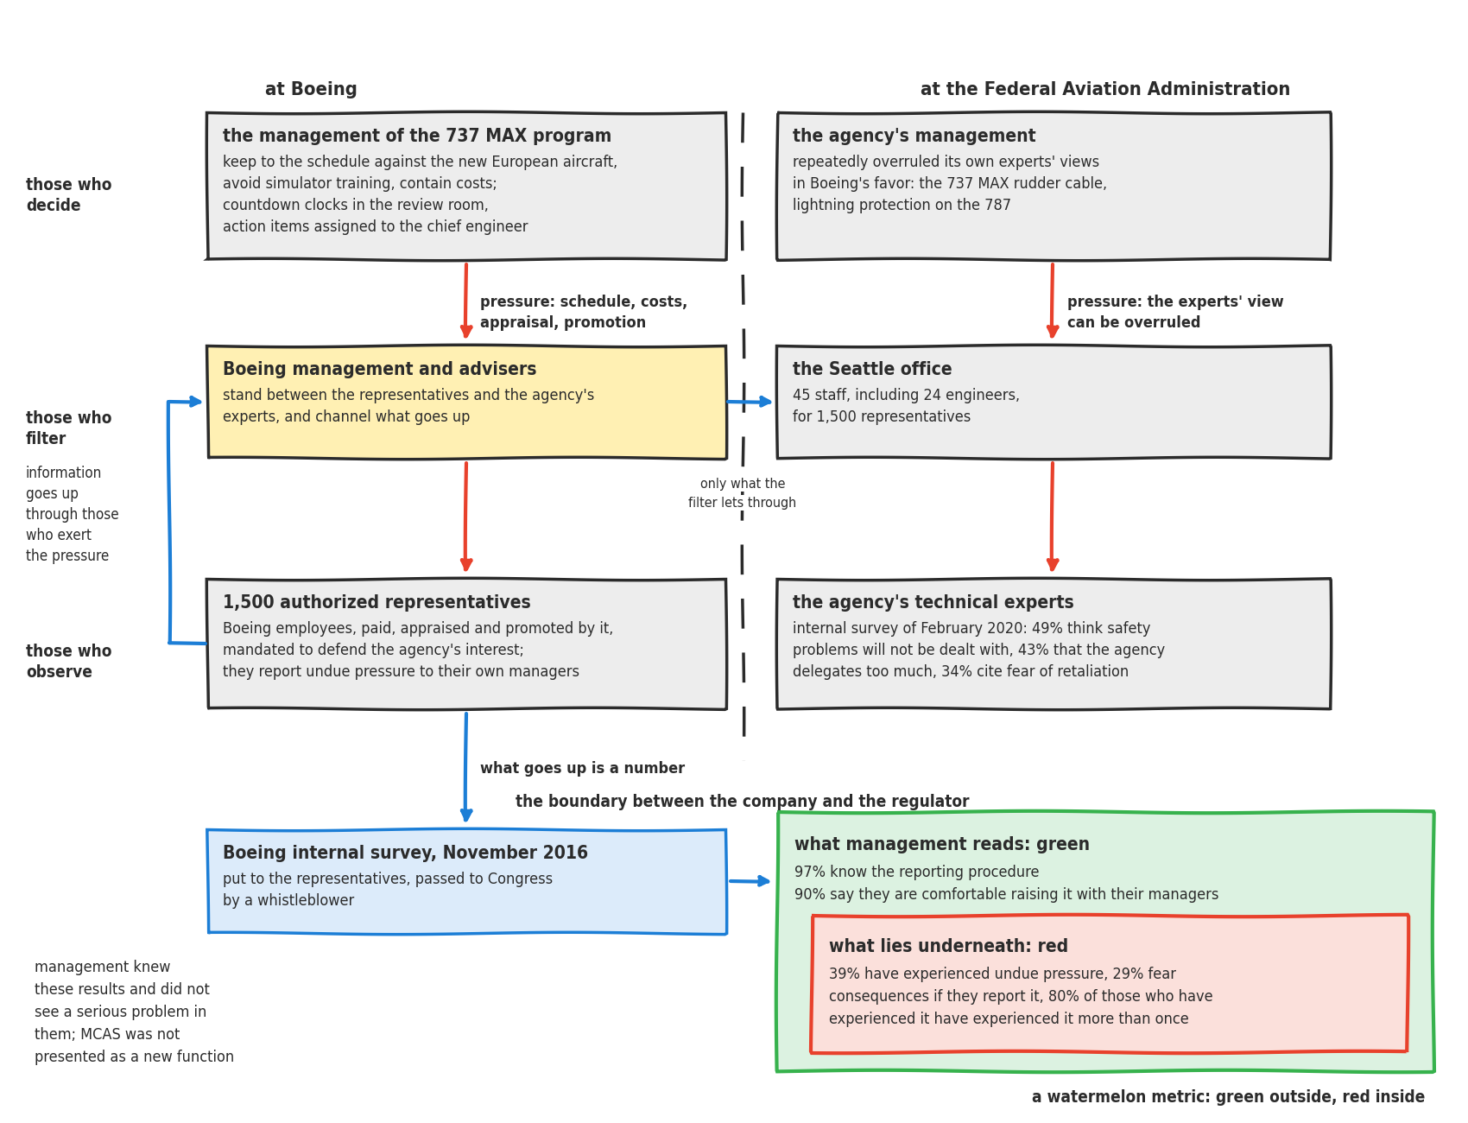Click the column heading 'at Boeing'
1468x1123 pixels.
click(x=311, y=89)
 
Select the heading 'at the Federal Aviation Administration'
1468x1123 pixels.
click(x=1105, y=89)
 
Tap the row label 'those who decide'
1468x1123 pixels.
click(x=69, y=195)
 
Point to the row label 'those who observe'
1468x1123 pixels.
click(x=69, y=662)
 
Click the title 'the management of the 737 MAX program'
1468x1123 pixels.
click(x=417, y=136)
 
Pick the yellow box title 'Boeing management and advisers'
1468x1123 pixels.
click(x=380, y=369)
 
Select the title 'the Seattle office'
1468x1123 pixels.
click(x=872, y=369)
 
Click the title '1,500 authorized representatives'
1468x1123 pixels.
click(x=376, y=602)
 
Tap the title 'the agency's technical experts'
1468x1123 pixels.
click(x=933, y=602)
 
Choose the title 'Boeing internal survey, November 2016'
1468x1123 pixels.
click(x=405, y=853)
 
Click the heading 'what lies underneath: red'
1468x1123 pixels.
click(x=948, y=946)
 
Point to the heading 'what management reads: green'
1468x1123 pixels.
click(x=942, y=844)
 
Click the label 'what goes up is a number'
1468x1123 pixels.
click(x=582, y=768)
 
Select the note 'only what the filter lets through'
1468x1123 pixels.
click(x=743, y=493)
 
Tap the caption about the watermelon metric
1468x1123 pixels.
click(x=1228, y=1096)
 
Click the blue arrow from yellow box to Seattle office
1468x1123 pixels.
click(x=750, y=402)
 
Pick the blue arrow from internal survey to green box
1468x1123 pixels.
click(x=750, y=881)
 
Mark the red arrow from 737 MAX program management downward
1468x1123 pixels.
click(x=466, y=301)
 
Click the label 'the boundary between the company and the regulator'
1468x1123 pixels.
click(x=743, y=801)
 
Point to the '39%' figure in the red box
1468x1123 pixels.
click(x=843, y=974)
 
